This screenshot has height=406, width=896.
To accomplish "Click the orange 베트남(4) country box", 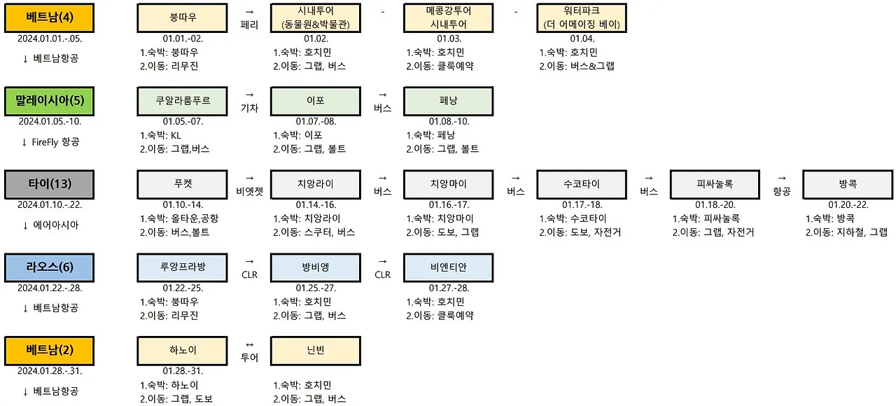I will coord(49,17).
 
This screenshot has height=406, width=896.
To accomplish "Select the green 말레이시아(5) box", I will coord(49,100).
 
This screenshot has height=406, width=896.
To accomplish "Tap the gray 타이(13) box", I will coord(49,183).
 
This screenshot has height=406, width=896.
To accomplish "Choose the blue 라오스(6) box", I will coord(49,267).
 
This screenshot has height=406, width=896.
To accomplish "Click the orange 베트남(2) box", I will coord(49,350).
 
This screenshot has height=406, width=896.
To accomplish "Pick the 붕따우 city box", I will coord(183,17).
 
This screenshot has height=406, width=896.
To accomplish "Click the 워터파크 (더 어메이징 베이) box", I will coord(582,17).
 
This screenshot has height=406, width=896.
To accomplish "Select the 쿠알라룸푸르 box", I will coord(183,100).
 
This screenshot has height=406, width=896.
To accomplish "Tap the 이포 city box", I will coord(316,100).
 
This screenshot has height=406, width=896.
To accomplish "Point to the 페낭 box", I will coord(449,100).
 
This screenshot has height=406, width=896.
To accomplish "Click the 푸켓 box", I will coord(183,183).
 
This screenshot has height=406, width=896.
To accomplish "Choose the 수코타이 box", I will coord(582,183).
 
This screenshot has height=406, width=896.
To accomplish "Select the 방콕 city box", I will coord(848,183).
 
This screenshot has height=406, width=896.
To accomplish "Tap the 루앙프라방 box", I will coord(183,267).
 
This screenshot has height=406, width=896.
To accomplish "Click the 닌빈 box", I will coord(316,350).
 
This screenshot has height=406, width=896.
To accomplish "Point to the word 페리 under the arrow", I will coord(249,25).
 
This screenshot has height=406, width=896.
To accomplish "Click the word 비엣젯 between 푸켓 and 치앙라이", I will coord(249,191).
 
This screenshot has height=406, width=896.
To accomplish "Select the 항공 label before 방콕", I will coord(781,191).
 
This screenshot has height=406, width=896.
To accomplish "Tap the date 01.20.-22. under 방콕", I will coord(848,204).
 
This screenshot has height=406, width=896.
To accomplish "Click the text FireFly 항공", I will coord(56,142).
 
